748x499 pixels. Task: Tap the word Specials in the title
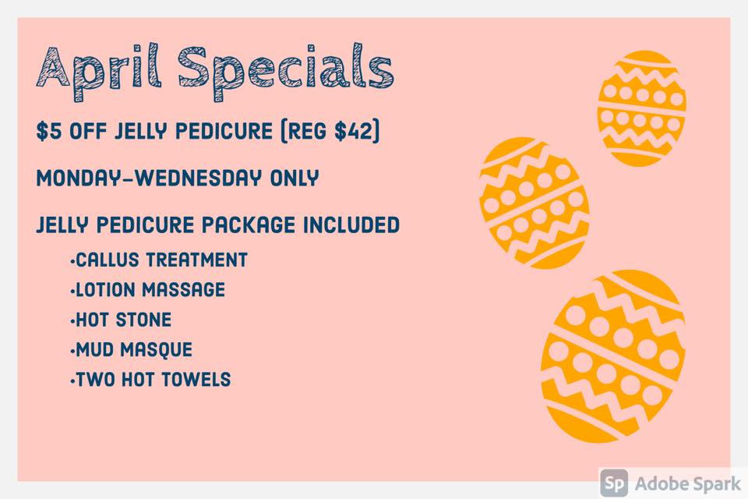286,72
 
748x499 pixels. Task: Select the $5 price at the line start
48,131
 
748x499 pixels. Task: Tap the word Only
295,178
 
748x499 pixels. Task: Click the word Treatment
197,260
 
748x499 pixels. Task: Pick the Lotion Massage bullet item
147,290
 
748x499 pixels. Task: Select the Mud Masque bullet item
131,349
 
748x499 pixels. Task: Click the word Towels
196,380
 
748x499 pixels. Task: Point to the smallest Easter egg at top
641,108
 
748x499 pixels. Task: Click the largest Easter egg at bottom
614,356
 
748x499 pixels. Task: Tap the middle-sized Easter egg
535,203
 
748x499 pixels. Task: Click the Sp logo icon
614,483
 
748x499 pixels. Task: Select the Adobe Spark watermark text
688,484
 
